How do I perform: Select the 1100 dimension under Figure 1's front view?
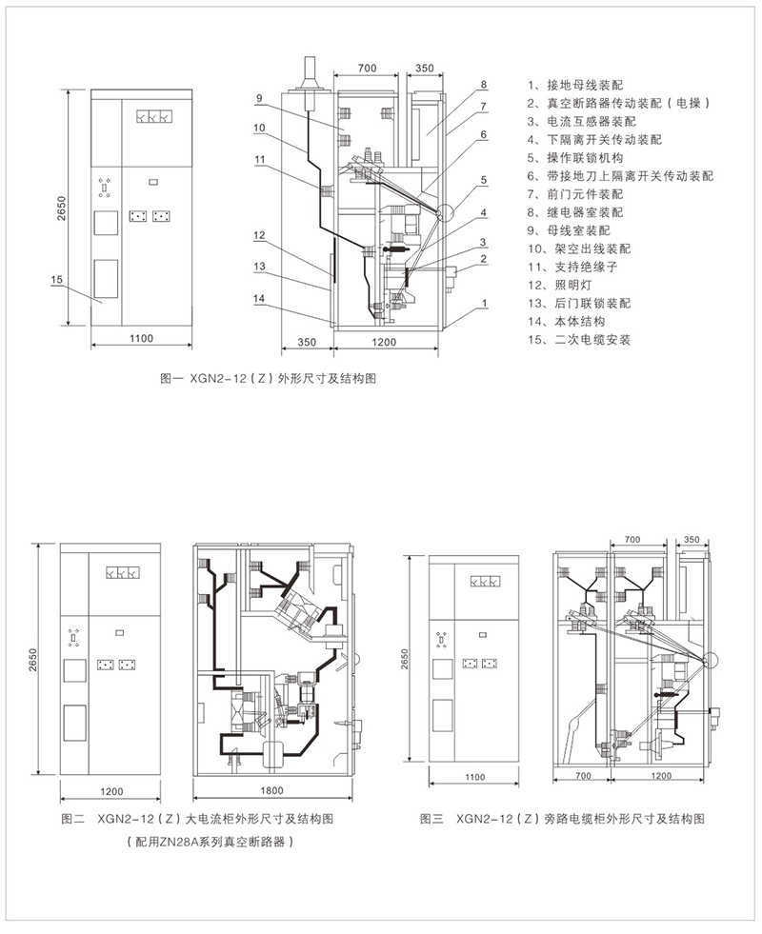(x=140, y=340)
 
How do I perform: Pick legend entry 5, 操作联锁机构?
(x=577, y=158)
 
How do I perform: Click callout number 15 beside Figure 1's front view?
(x=56, y=280)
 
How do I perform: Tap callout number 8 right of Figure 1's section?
(x=484, y=85)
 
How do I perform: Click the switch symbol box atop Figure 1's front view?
(x=152, y=118)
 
